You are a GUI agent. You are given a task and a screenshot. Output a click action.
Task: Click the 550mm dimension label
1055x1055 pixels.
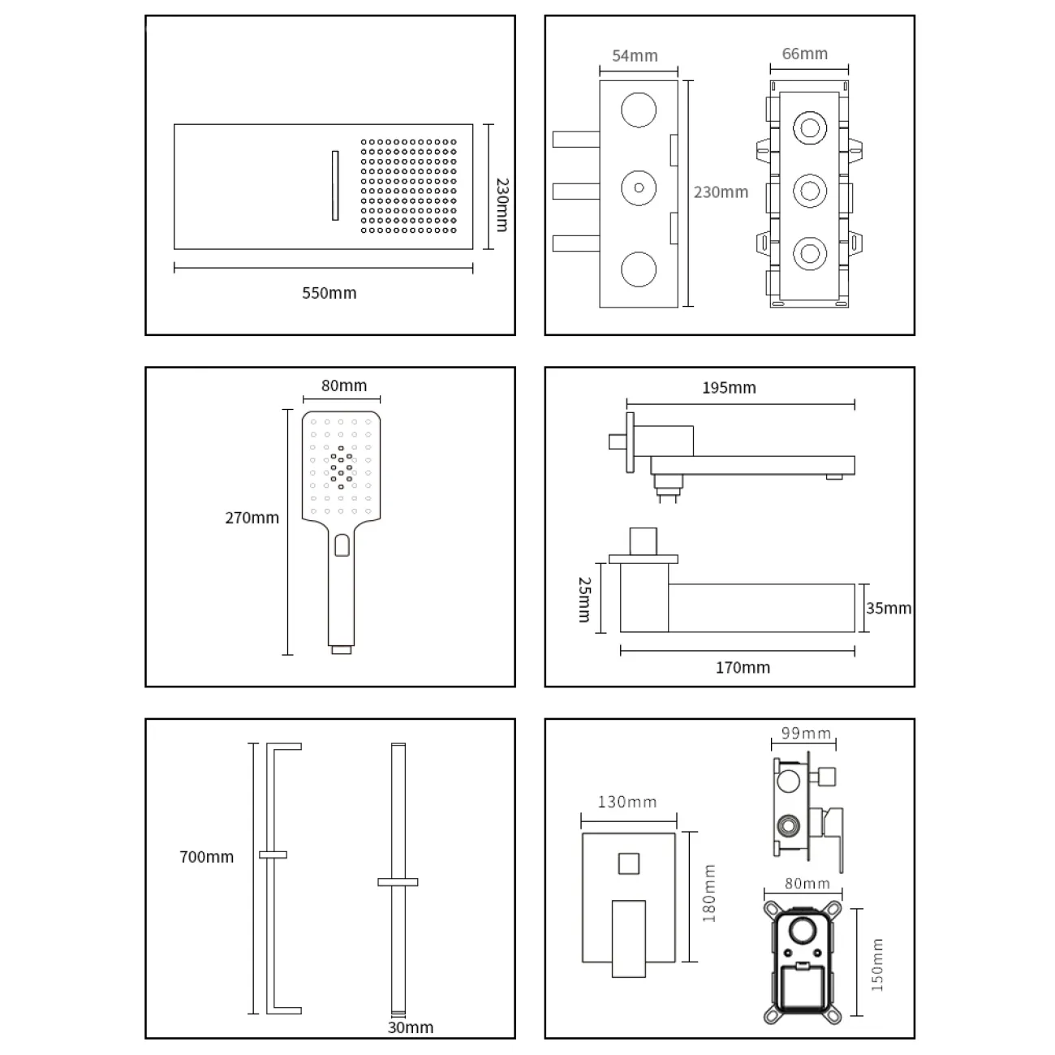click(x=329, y=293)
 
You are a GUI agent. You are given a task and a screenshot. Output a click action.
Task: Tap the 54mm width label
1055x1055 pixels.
click(x=635, y=56)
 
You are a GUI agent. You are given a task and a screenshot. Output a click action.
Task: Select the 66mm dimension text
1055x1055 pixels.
click(x=804, y=54)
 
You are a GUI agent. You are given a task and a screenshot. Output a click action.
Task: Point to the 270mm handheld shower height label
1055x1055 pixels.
click(x=252, y=518)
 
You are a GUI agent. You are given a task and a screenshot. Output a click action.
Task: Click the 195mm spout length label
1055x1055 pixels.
click(x=729, y=388)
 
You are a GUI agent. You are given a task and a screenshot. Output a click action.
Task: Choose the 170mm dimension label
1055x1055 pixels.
click(x=743, y=667)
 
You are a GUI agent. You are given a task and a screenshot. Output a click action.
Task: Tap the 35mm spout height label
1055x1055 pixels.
click(x=888, y=609)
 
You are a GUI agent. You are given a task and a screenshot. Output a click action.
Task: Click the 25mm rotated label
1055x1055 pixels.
click(x=584, y=600)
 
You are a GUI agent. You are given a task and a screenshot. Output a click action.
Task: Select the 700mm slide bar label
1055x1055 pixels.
click(x=206, y=857)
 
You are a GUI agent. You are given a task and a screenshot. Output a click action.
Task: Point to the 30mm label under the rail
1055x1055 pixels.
click(x=410, y=1027)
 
